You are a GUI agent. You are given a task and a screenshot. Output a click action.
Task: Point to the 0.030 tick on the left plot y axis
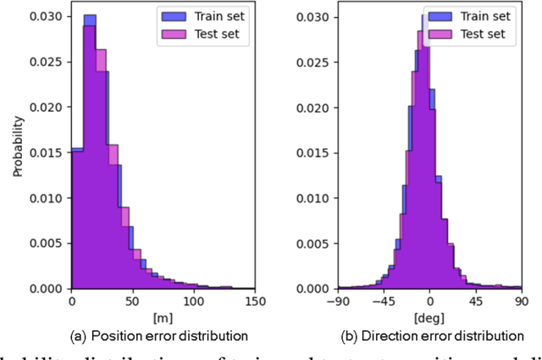point(50,17)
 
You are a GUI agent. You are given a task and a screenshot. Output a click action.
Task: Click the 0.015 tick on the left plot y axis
point(50,152)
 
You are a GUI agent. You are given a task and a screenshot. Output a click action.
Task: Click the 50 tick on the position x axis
point(132,302)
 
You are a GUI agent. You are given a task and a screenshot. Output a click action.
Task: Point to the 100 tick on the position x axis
point(194,302)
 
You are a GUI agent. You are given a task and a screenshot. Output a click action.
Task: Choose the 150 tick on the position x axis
point(255,302)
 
